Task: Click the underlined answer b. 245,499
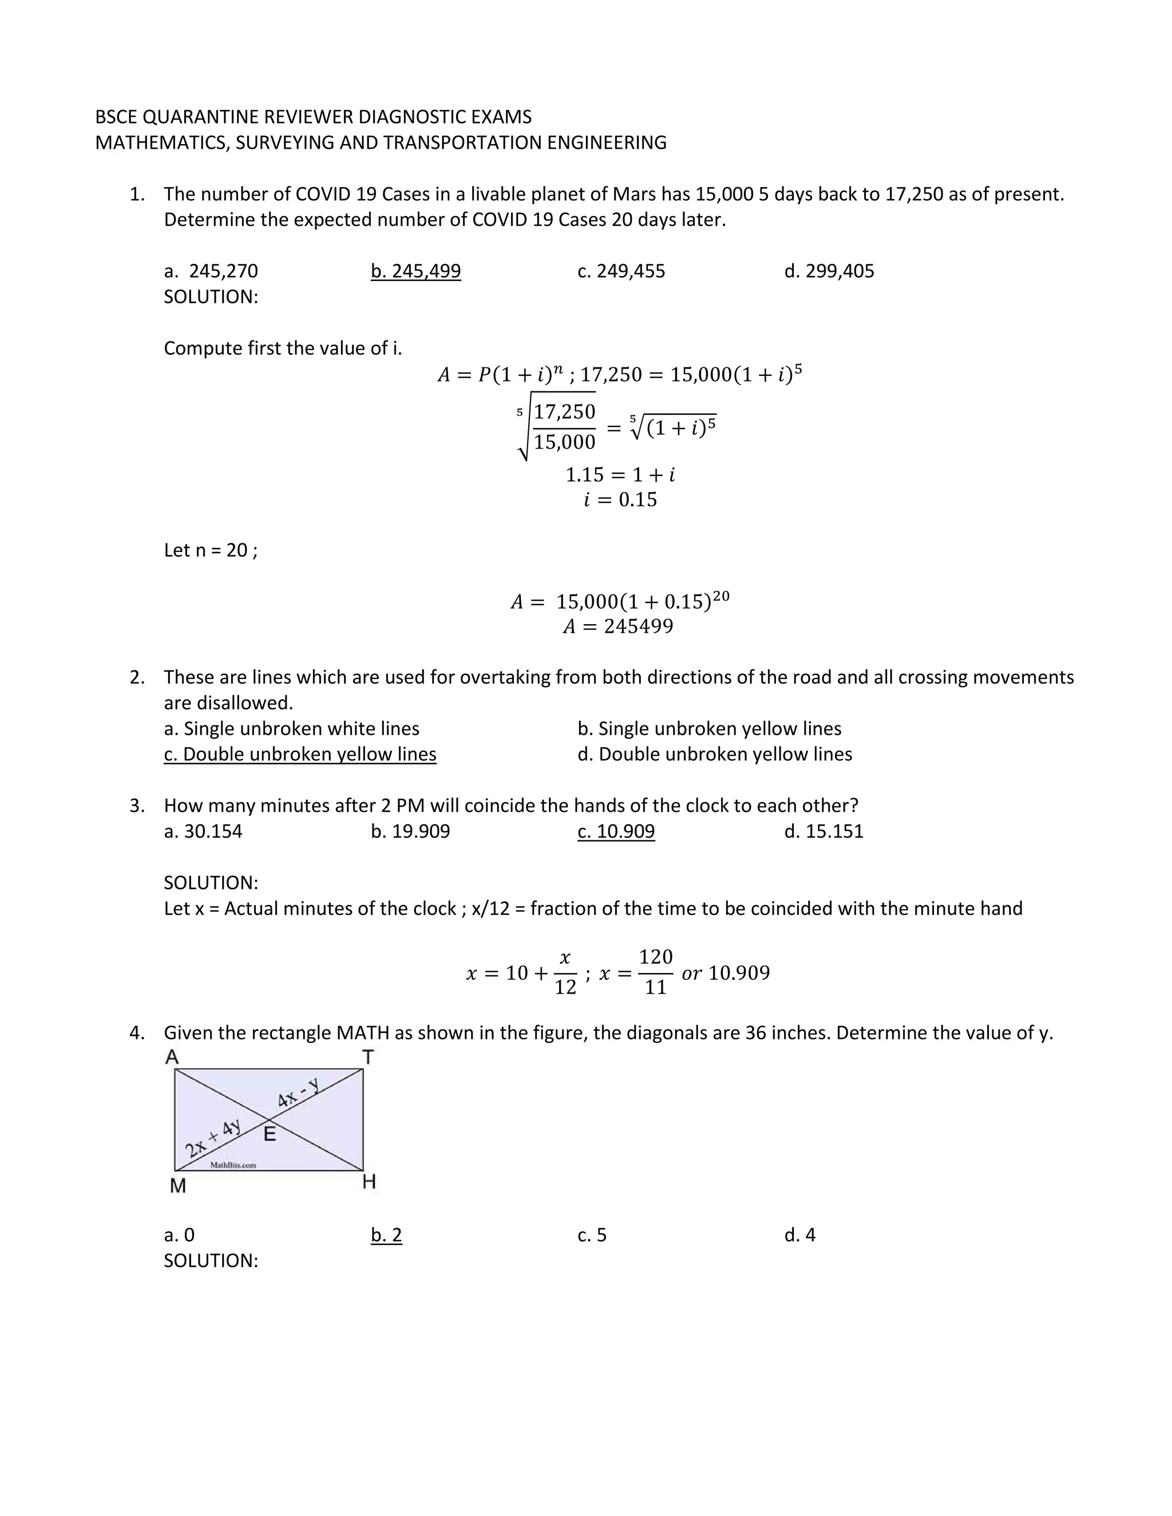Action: click(415, 271)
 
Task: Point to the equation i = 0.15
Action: click(619, 500)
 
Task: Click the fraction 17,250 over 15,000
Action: click(564, 426)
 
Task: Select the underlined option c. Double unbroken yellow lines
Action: click(300, 754)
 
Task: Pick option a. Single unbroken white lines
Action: click(292, 728)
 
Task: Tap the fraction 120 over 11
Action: click(655, 972)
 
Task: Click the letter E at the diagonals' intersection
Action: click(270, 1134)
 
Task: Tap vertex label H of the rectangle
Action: click(369, 1181)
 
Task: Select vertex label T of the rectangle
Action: click(368, 1057)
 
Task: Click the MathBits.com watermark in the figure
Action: click(233, 1165)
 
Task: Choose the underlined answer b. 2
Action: click(386, 1235)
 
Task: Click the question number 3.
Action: click(137, 805)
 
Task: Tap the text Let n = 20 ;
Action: click(211, 550)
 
